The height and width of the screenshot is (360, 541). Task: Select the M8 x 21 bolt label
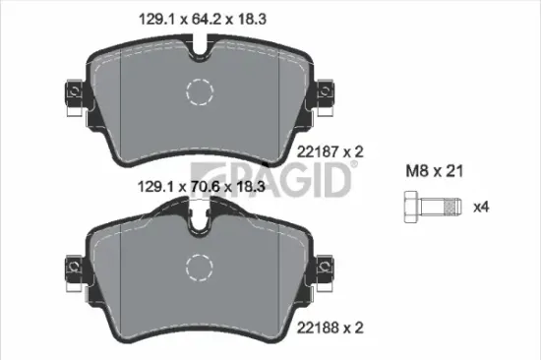click(432, 170)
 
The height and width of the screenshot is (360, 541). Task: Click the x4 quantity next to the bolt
click(482, 208)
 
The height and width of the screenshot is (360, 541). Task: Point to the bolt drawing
click(429, 208)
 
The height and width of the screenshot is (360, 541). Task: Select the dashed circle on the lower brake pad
click(200, 267)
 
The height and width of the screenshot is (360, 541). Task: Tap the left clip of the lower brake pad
click(73, 267)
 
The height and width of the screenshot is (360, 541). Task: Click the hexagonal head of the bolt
click(410, 208)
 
